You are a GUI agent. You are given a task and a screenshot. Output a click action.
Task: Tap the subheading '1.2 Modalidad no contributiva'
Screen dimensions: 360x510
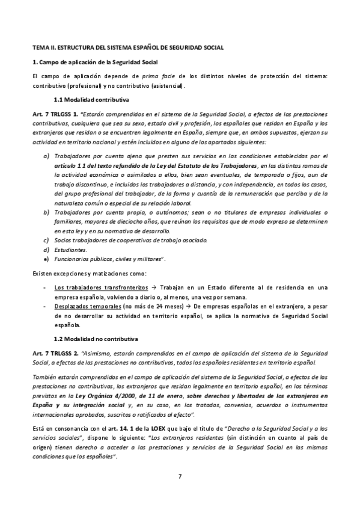pos(96,338)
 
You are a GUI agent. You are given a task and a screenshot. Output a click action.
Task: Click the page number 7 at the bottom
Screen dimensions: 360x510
pos(180,477)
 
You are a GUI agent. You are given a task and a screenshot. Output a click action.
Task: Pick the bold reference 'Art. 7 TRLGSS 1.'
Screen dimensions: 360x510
pos(55,114)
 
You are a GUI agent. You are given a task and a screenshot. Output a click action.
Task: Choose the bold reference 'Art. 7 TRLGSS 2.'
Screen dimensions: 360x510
pos(55,352)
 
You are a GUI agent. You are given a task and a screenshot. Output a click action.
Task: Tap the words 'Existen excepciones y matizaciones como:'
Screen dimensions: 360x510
pos(89,274)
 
